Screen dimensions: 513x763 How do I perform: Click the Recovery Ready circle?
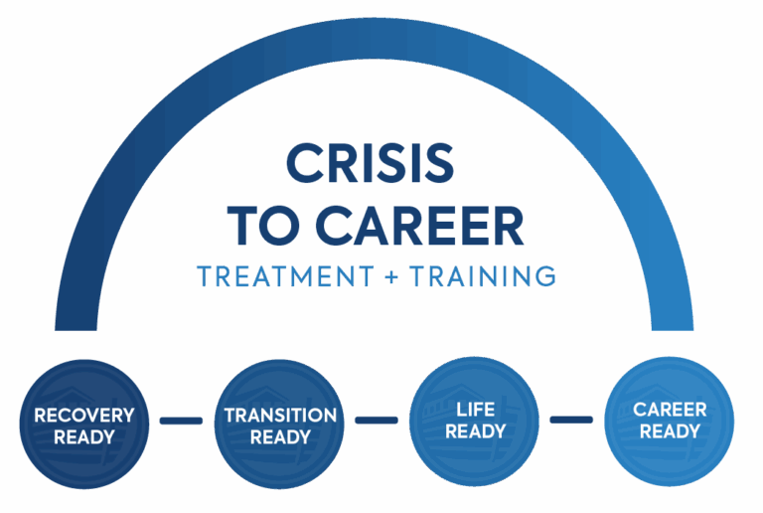coord(84,424)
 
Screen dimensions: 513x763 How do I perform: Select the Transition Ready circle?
coord(280,424)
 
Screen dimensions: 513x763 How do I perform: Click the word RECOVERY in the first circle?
coord(84,415)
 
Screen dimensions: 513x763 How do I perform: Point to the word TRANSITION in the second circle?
coord(280,415)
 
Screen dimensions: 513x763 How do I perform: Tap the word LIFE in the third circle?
coord(475,410)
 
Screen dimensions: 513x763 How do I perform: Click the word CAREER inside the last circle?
coord(670,410)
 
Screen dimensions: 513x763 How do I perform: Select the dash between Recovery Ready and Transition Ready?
coord(181,422)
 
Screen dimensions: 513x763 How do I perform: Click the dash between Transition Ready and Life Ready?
coord(376,420)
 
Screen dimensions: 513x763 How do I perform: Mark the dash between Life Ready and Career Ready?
coord(571,420)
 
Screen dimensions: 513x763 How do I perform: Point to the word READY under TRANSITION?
coord(280,436)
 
